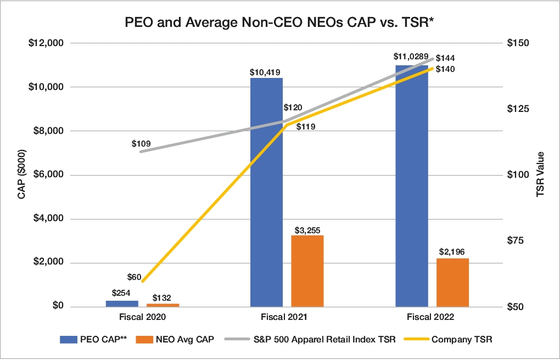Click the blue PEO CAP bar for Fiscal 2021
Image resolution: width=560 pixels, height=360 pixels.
(x=266, y=192)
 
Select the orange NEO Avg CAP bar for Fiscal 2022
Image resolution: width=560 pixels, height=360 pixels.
(x=453, y=282)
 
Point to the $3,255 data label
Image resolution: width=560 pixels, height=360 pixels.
(x=307, y=228)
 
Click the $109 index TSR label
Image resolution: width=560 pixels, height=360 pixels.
(x=141, y=143)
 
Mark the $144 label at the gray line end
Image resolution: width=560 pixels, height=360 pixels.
(x=445, y=58)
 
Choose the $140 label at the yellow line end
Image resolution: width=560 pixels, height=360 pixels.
(x=445, y=69)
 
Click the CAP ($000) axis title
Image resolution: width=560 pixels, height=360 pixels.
(x=22, y=175)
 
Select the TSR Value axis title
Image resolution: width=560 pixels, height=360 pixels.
(x=540, y=175)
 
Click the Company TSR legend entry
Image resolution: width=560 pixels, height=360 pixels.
(x=462, y=339)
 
